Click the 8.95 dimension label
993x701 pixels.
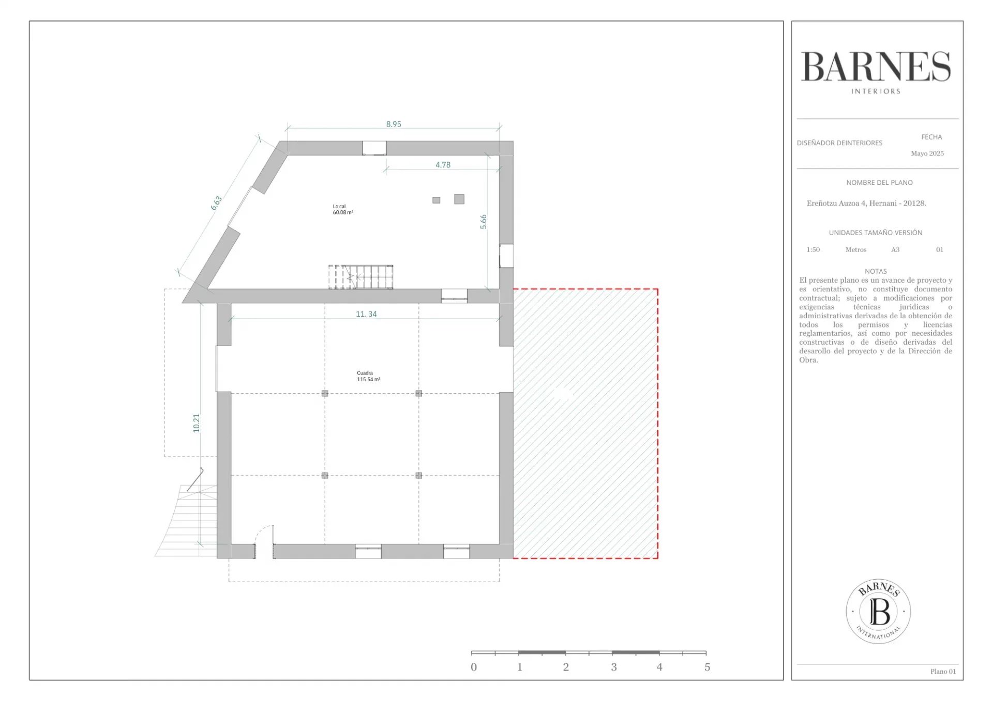coord(394,124)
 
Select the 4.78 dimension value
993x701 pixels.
coord(443,165)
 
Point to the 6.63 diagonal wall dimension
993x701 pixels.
coord(216,203)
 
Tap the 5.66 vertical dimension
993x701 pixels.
coord(483,222)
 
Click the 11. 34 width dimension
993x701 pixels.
coord(366,314)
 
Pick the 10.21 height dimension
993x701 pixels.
coord(196,423)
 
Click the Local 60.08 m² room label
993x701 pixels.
coord(343,209)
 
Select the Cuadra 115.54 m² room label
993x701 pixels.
coord(368,376)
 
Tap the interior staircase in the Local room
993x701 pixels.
coord(360,277)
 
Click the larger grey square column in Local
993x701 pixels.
coord(459,199)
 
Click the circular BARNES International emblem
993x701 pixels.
coord(878,611)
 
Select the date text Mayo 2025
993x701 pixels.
coord(927,153)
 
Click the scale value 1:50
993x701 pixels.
coord(813,250)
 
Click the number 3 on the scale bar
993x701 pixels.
coord(614,667)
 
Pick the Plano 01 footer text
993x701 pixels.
coord(943,672)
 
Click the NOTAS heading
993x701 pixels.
coord(876,271)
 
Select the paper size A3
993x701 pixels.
coord(895,250)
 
